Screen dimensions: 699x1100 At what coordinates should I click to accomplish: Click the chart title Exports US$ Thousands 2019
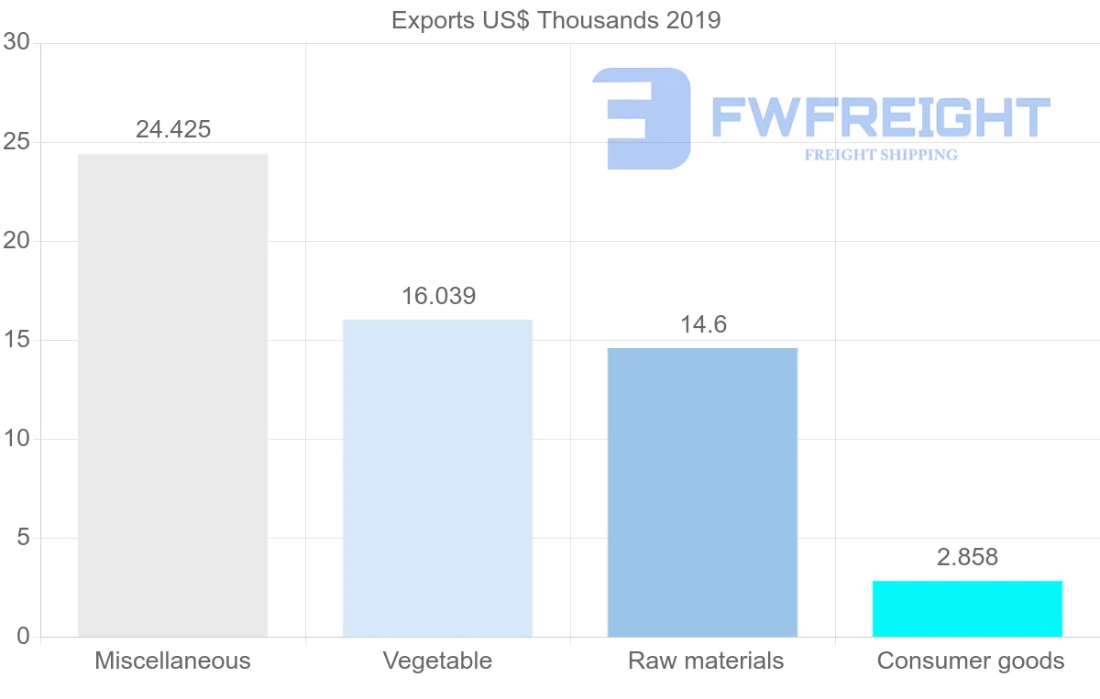[x=555, y=20]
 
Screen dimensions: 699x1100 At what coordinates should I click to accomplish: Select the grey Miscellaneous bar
[x=172, y=395]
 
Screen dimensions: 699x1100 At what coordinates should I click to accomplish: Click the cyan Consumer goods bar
[x=967, y=608]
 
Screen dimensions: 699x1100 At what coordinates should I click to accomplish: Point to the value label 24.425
[x=173, y=129]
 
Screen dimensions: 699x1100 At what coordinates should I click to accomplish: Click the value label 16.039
[x=438, y=296]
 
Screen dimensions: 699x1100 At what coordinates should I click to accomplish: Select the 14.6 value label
[x=703, y=324]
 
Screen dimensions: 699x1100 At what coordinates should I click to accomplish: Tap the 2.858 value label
[x=967, y=557]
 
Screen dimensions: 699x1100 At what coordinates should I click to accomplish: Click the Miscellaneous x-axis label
[x=172, y=661]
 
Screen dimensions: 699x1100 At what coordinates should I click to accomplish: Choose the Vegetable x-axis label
[x=437, y=661]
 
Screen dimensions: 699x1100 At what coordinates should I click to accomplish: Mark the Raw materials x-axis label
[x=706, y=661]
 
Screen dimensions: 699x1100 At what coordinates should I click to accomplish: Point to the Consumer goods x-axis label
[x=971, y=661]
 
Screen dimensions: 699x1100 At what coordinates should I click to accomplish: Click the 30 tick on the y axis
[x=16, y=43]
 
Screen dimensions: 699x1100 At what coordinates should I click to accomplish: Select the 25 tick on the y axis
[x=16, y=142]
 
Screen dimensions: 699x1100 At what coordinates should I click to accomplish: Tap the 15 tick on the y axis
[x=16, y=340]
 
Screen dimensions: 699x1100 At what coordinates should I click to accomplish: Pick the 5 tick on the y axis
[x=24, y=538]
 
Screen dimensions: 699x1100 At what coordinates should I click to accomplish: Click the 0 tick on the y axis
[x=24, y=637]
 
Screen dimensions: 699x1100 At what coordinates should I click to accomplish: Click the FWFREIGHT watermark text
[x=880, y=117]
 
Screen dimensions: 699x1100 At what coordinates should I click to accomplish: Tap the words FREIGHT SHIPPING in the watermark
[x=881, y=155]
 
